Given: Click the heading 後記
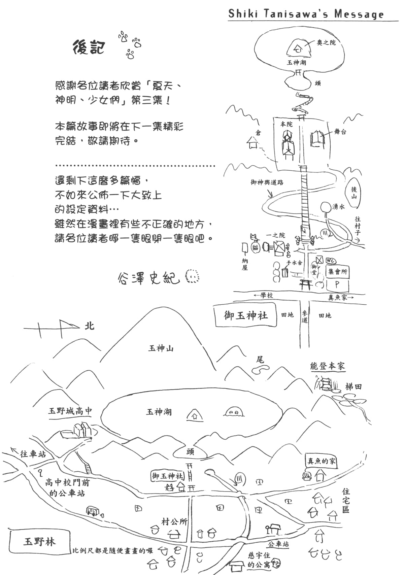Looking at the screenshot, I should (x=89, y=48).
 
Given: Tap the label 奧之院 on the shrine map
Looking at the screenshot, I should (x=326, y=43).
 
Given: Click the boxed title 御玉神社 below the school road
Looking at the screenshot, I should (x=246, y=315).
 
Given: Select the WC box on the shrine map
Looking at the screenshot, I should (x=331, y=261).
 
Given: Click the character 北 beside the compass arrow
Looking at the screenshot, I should (x=89, y=326).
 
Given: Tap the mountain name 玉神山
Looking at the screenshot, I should (x=161, y=348).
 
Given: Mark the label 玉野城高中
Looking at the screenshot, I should (x=70, y=411).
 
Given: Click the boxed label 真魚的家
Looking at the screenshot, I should (x=322, y=461).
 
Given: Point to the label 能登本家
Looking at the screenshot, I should (x=327, y=366).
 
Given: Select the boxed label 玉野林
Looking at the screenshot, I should (x=40, y=542).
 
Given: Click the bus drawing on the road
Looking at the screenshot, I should (x=93, y=511).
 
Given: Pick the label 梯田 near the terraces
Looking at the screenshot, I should (x=353, y=387).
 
